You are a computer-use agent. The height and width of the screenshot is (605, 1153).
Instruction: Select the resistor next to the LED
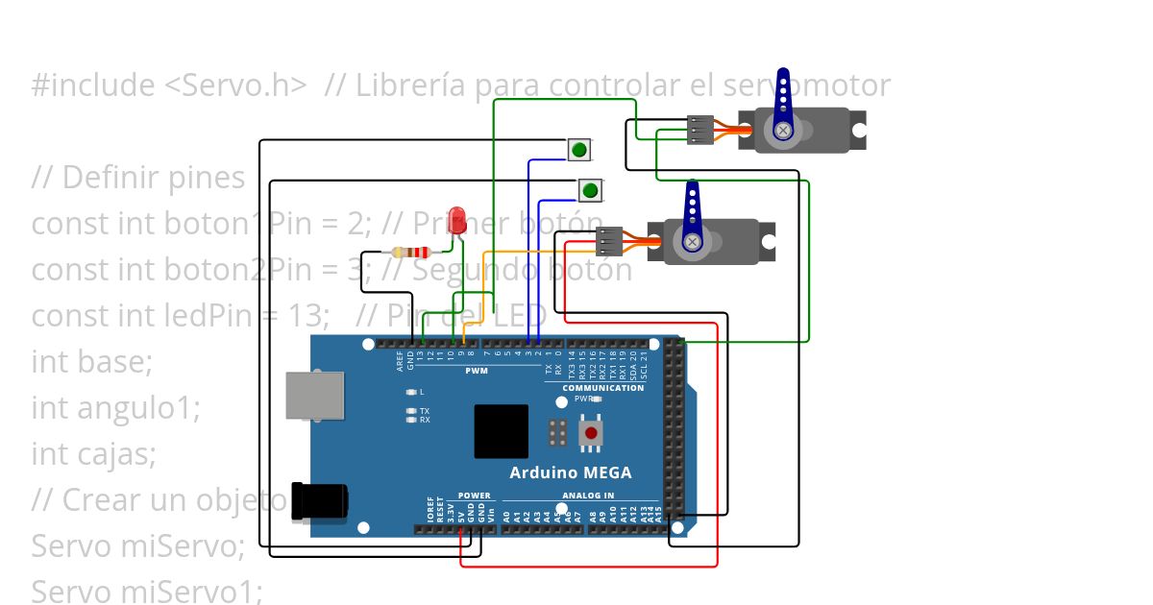point(411,253)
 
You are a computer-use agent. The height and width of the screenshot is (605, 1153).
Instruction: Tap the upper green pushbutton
point(579,149)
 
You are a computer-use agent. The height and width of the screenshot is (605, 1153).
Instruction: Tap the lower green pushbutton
point(590,190)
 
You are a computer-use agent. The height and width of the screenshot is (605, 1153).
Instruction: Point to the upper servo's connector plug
point(700,130)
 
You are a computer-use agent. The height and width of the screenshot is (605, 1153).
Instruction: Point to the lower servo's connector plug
point(609,241)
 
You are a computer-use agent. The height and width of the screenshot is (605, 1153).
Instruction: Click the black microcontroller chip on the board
point(501,431)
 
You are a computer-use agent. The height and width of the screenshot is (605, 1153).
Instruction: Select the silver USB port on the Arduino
point(314,396)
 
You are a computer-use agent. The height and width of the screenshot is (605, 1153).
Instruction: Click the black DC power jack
point(319,500)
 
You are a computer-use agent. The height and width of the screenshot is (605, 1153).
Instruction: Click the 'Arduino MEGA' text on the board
point(570,472)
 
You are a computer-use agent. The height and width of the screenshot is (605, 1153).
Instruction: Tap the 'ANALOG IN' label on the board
point(587,496)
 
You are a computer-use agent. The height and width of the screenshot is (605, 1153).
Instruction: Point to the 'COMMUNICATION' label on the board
point(602,388)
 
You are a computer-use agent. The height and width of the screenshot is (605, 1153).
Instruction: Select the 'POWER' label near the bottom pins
point(474,496)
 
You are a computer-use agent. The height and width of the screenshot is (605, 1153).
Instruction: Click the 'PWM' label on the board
point(477,370)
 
